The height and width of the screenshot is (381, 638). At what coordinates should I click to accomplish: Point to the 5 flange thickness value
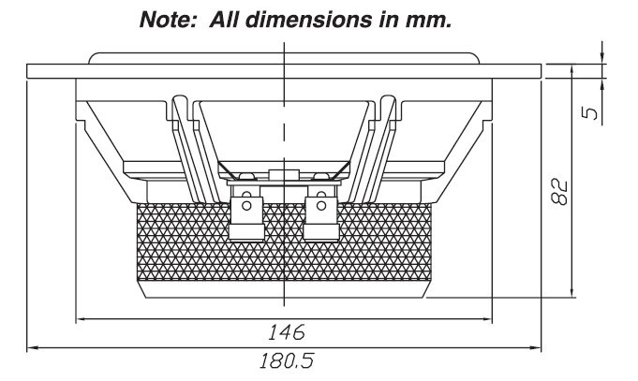[x=589, y=112]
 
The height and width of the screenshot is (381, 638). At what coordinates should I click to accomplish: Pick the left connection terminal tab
[x=245, y=216]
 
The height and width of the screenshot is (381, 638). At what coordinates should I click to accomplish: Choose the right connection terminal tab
[x=319, y=216]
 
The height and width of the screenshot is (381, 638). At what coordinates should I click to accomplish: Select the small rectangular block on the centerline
[x=284, y=173]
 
